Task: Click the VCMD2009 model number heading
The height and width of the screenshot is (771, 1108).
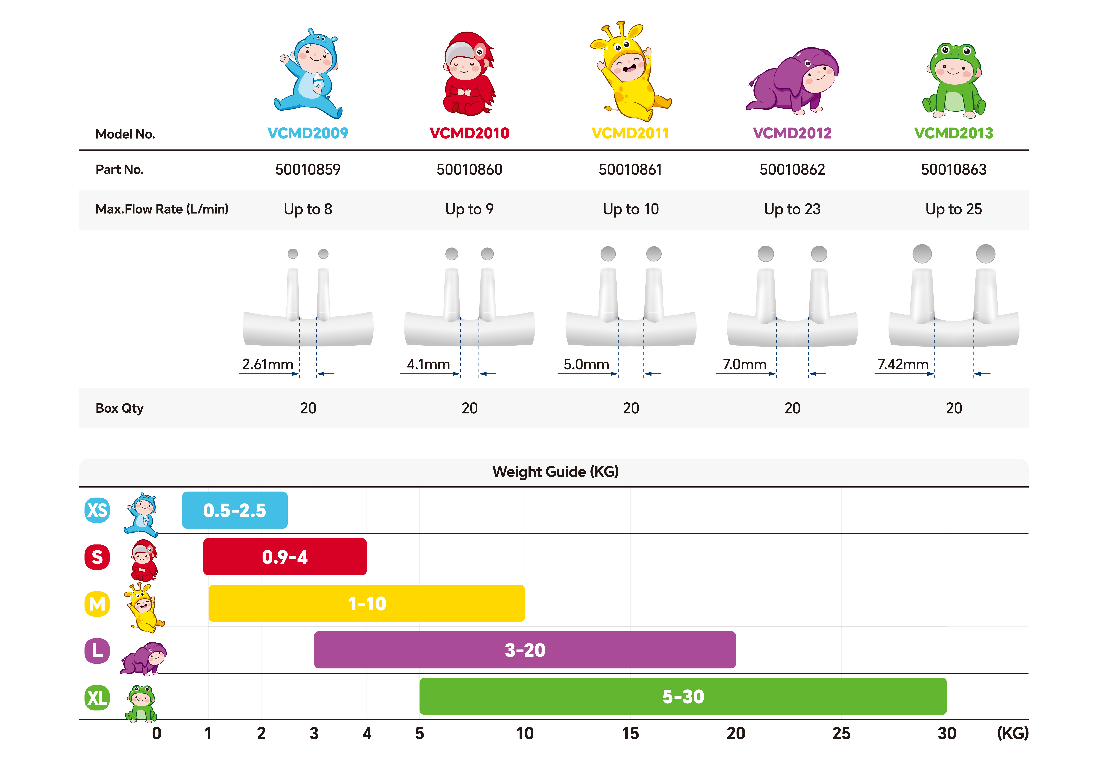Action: [x=308, y=133]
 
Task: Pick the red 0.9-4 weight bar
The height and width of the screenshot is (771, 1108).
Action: [x=285, y=557]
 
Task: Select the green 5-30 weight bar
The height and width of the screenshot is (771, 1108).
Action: [x=683, y=696]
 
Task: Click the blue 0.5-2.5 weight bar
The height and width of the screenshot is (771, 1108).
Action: [x=234, y=510]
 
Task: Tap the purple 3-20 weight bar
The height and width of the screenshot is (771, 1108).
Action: [x=524, y=650]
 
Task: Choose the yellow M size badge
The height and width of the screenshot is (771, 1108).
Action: [x=97, y=604]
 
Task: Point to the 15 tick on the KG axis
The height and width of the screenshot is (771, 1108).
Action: [x=630, y=733]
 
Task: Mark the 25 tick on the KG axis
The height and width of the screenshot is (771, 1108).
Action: [x=841, y=733]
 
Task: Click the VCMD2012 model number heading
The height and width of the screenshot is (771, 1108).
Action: [x=792, y=133]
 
